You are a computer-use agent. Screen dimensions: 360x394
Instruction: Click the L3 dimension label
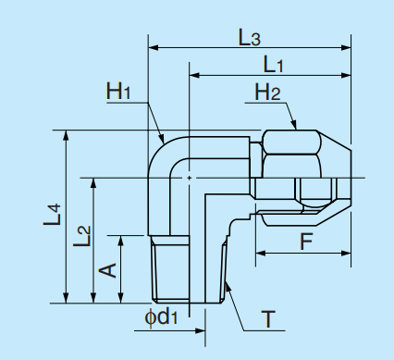249,38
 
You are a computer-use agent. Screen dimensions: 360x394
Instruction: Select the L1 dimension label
273,65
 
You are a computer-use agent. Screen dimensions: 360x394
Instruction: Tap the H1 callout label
119,91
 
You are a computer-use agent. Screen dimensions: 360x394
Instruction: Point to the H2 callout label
267,92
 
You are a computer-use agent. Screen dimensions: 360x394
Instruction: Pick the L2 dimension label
81,237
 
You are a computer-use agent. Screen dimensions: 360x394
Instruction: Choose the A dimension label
107,269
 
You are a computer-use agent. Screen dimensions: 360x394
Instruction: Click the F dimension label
306,242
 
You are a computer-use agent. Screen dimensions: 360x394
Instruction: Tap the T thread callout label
267,320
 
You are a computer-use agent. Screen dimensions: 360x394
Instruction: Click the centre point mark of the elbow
189,177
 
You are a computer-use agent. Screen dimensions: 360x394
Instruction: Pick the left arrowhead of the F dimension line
259,252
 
